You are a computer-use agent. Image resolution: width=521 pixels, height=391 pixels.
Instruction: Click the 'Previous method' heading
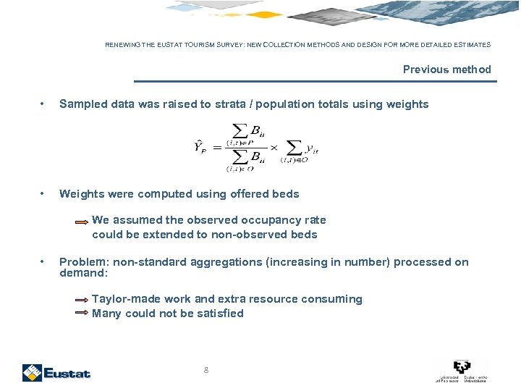coord(446,70)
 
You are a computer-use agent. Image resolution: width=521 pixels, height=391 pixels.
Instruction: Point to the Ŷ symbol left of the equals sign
coord(200,148)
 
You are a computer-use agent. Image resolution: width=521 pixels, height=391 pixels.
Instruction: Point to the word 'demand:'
coord(83,273)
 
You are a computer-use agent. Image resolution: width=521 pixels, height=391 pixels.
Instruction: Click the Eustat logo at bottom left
coord(56,372)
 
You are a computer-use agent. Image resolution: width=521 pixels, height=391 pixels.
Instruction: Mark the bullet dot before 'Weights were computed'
coord(44,194)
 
